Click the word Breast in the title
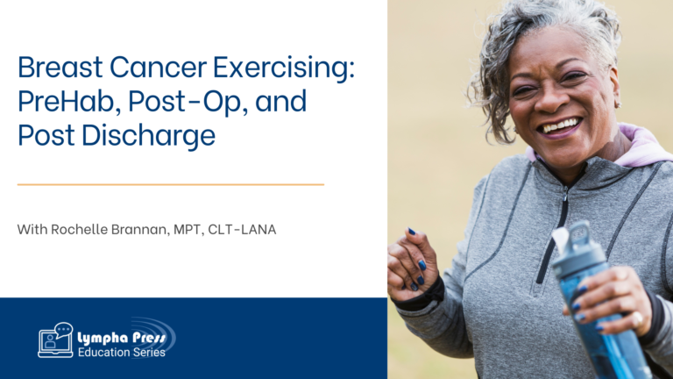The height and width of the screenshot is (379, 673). [60, 67]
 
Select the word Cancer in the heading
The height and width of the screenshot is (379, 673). [158, 67]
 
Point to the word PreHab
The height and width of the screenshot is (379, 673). [67, 103]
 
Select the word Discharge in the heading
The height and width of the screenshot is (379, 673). [148, 136]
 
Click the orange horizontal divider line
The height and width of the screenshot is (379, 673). [171, 184]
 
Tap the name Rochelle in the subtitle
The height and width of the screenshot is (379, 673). [79, 229]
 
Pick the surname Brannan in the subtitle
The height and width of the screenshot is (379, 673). [141, 230]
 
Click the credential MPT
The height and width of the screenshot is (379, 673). [188, 230]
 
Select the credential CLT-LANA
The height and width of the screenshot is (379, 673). [242, 230]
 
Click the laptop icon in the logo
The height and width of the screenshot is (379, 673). [55, 340]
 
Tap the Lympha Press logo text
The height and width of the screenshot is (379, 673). [122, 338]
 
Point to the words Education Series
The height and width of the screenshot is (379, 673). [122, 353]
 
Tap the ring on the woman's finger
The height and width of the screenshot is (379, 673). [638, 319]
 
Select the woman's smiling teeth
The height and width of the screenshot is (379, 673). [560, 126]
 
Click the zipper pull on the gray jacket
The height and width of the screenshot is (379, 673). [565, 196]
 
